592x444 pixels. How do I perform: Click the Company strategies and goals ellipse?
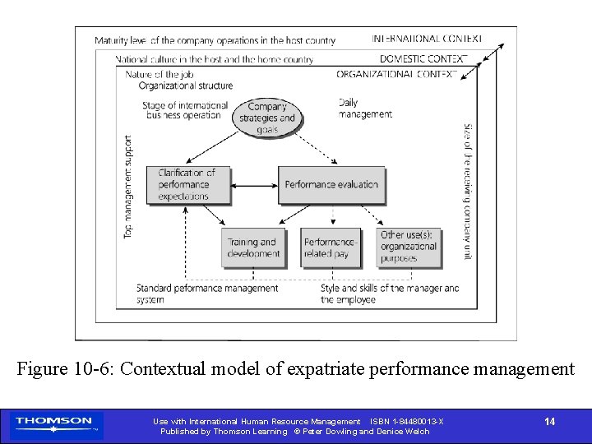pyautogui.click(x=266, y=118)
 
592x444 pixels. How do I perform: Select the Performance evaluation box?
pyautogui.click(x=331, y=185)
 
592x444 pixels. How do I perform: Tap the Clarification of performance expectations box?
pyautogui.click(x=187, y=185)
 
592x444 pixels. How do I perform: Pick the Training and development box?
pyautogui.click(x=252, y=247)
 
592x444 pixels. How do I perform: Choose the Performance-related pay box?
pyautogui.click(x=331, y=247)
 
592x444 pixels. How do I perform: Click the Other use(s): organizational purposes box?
pyautogui.click(x=409, y=247)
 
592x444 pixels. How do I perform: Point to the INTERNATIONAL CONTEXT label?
pyautogui.click(x=427, y=39)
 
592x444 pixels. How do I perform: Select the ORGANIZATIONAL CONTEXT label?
pyautogui.click(x=396, y=74)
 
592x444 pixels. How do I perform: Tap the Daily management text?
pyautogui.click(x=365, y=109)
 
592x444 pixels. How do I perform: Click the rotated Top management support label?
pyautogui.click(x=128, y=187)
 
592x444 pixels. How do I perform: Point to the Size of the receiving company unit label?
pyautogui.click(x=467, y=191)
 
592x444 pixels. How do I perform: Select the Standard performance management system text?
pyautogui.click(x=207, y=294)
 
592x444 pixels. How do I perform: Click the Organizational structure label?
pyautogui.click(x=186, y=86)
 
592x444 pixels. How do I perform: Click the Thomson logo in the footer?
pyautogui.click(x=54, y=424)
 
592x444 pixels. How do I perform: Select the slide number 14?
pyautogui.click(x=549, y=422)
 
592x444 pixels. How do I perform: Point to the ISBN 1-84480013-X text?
pyautogui.click(x=407, y=422)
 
